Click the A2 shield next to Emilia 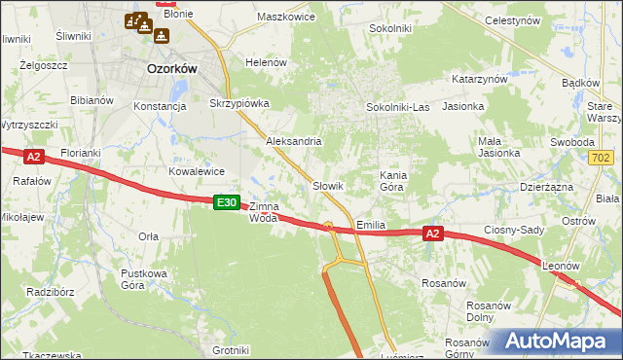tap(433, 233)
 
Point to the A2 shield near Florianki tap(33, 156)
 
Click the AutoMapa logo tap(556, 341)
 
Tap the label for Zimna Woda tap(264, 212)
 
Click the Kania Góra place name tap(391, 180)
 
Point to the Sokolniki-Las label tap(397, 107)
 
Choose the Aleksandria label tap(294, 141)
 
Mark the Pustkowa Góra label tap(145, 279)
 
